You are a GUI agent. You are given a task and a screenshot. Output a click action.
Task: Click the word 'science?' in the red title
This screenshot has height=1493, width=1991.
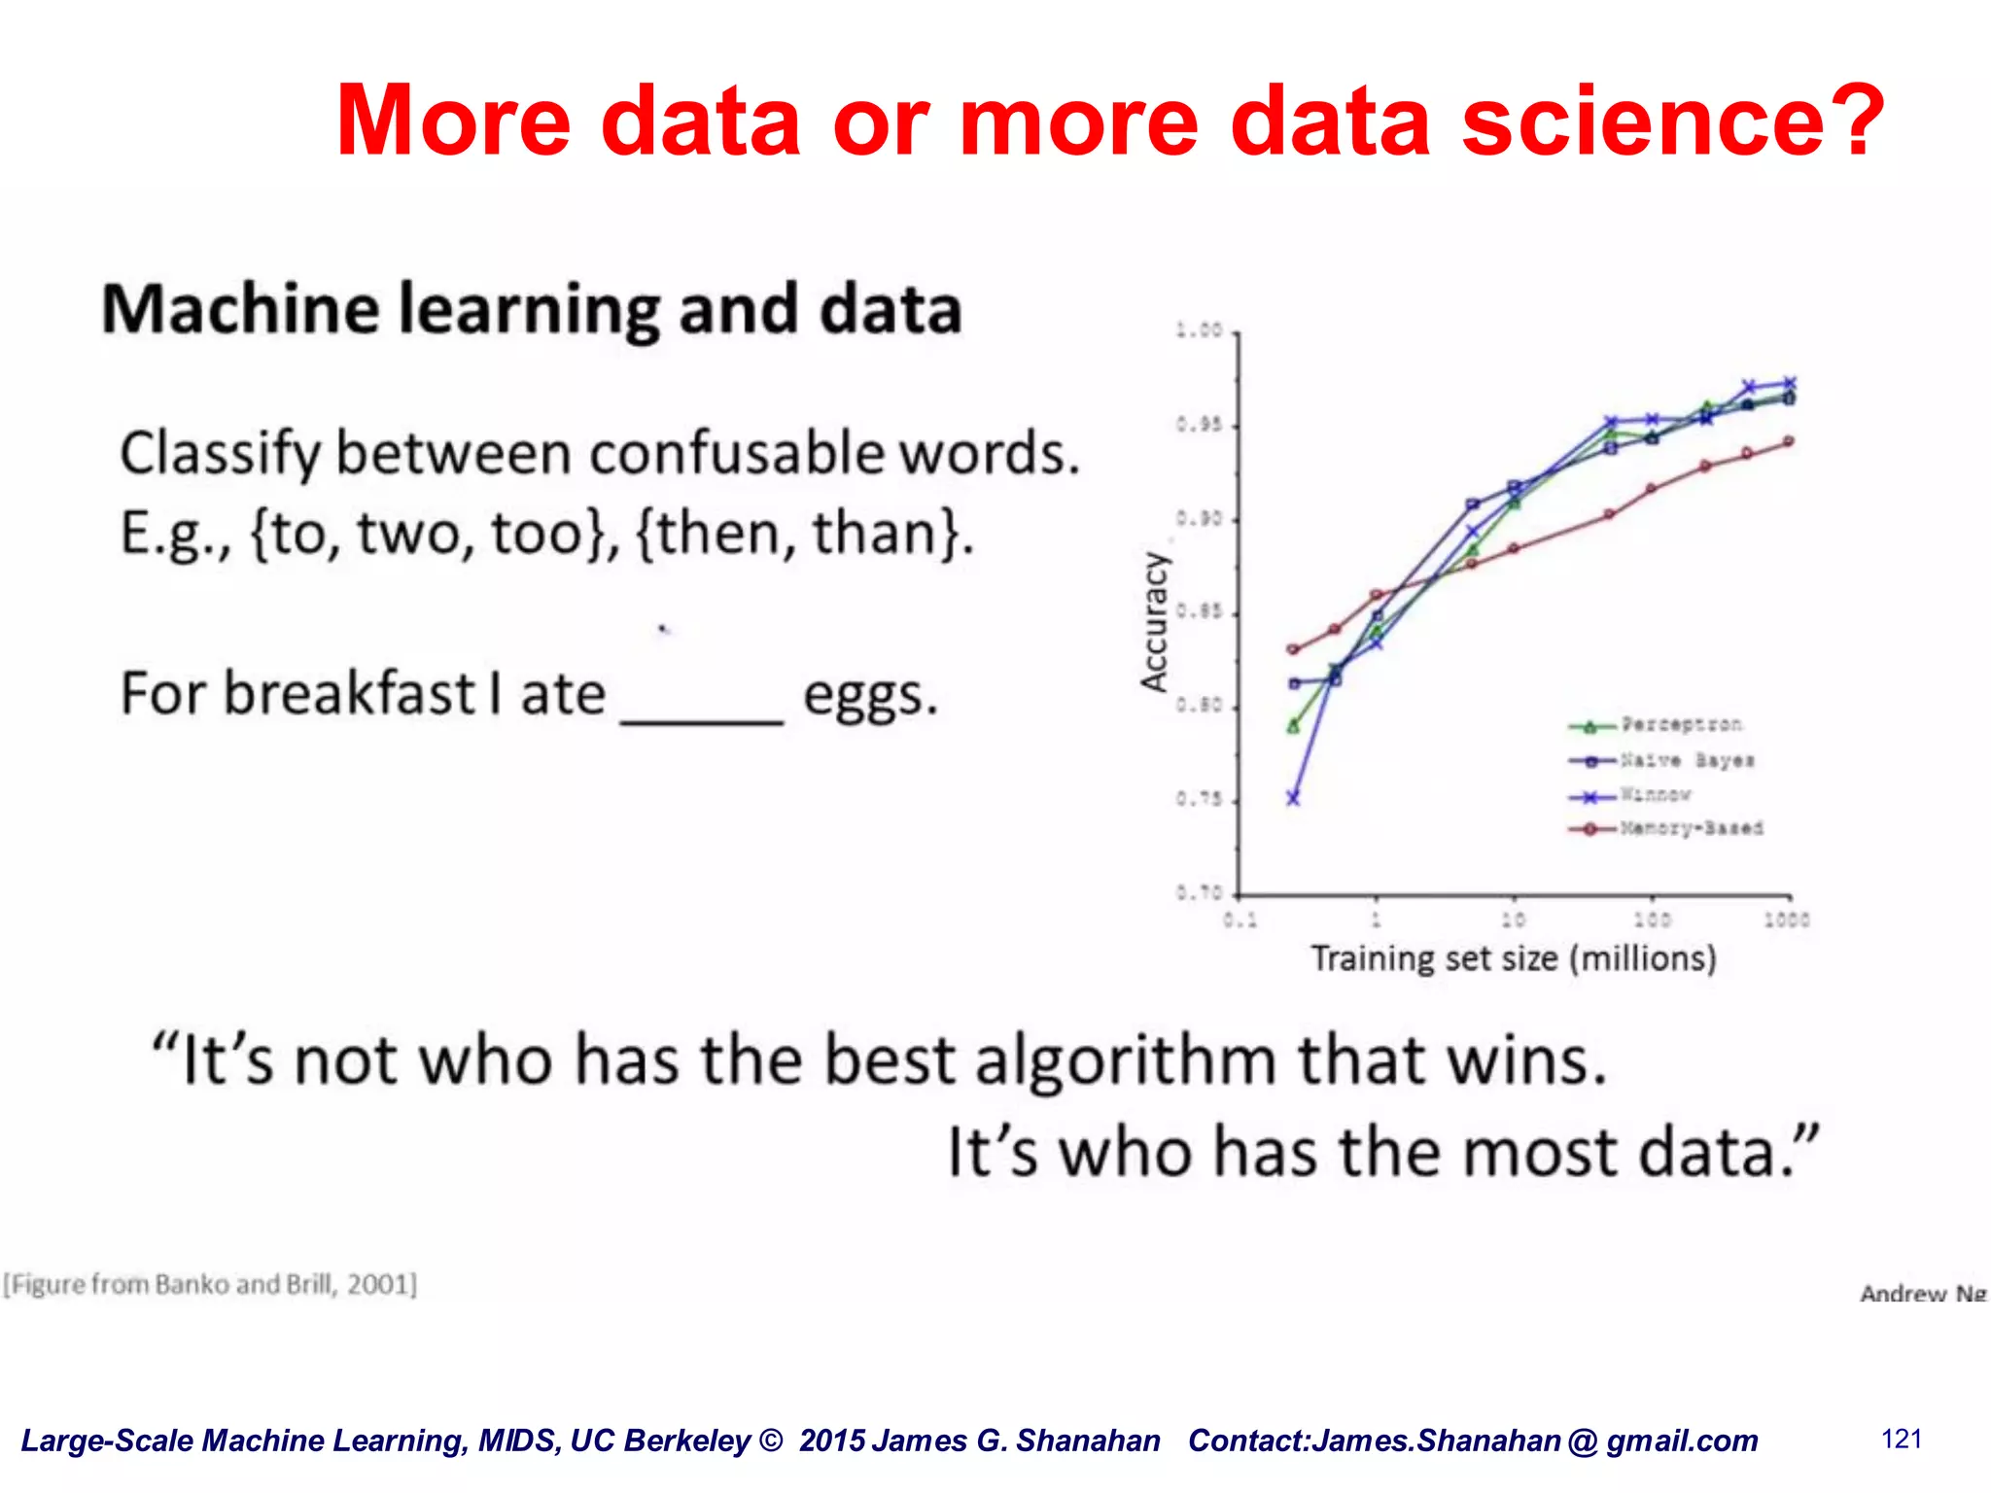coord(1672,121)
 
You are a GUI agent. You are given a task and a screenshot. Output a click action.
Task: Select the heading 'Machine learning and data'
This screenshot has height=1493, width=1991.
coord(532,309)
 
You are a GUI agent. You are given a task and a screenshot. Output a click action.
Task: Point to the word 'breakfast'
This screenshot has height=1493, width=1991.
coord(349,694)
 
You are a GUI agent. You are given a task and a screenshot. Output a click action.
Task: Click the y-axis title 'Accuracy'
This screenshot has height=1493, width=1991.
coord(1154,622)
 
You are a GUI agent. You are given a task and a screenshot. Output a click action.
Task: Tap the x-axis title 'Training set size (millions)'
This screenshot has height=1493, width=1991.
coord(1514,958)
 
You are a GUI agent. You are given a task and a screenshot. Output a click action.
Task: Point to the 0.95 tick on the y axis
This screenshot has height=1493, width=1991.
coord(1198,426)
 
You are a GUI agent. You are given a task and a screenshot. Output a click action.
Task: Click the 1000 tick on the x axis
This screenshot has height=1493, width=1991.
coord(1787,920)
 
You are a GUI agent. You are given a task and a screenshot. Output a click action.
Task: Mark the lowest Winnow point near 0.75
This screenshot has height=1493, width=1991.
coord(1293,798)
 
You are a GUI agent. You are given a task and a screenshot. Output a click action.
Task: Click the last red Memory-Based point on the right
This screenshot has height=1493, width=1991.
coord(1789,441)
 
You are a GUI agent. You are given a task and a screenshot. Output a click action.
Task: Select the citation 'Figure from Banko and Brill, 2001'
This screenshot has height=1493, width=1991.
coord(210,1284)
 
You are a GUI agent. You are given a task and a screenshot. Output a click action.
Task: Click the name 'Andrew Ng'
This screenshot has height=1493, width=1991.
coord(1922,1294)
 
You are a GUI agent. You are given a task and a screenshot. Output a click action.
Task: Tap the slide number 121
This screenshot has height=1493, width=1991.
coord(1902,1440)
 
